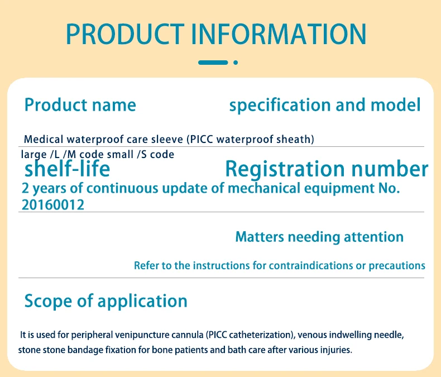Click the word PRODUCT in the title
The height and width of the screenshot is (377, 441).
[125, 34]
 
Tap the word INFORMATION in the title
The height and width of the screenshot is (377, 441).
[279, 34]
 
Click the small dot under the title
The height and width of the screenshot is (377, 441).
[236, 63]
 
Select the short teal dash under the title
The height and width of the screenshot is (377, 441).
[213, 63]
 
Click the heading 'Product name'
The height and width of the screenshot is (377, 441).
[80, 105]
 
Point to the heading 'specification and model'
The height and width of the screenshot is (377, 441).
[325, 105]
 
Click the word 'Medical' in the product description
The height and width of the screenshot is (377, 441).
[44, 139]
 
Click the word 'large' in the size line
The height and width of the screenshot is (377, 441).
[33, 155]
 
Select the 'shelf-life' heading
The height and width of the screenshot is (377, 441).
[67, 169]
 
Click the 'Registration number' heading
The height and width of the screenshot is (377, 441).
[327, 169]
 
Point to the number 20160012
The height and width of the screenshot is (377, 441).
[53, 205]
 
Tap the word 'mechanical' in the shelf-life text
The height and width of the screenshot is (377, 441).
[264, 188]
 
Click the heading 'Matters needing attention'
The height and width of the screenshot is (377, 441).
[319, 237]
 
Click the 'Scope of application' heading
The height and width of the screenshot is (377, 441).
[106, 301]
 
